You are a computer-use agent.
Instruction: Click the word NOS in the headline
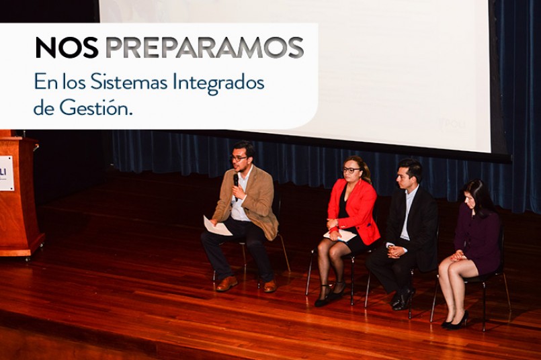(x=67, y=47)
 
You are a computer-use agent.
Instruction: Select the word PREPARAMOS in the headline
(x=204, y=47)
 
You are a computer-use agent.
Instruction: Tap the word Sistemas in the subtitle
(x=129, y=83)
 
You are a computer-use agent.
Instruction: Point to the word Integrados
(x=218, y=84)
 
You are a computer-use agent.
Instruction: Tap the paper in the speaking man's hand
(x=216, y=226)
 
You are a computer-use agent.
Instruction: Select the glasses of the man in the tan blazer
(x=239, y=159)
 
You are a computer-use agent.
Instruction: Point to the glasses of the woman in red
(x=351, y=170)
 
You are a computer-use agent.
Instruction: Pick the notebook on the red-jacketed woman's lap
(x=340, y=236)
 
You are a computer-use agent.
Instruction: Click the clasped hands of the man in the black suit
(x=396, y=252)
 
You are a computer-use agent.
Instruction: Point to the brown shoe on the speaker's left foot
(x=270, y=286)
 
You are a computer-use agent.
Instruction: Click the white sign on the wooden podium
(x=6, y=173)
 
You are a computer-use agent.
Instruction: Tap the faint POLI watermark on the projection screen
(x=453, y=124)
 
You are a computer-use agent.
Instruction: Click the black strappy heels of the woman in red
(x=329, y=295)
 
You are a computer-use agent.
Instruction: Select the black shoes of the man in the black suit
(x=403, y=299)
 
